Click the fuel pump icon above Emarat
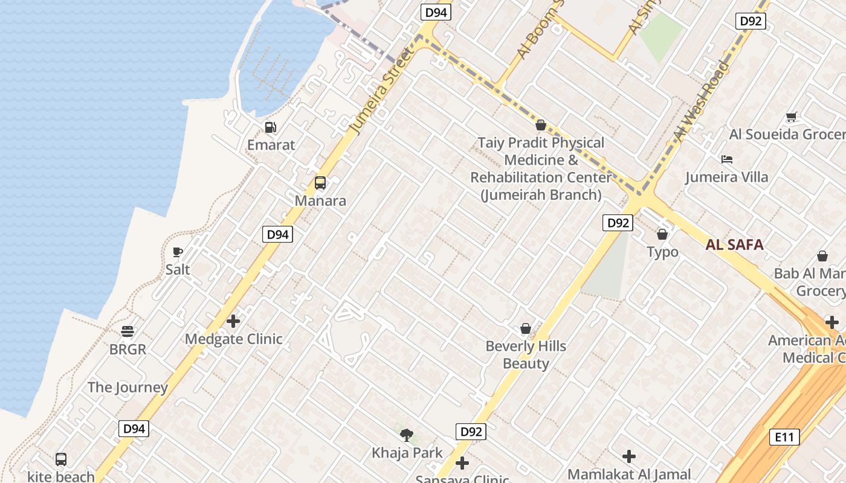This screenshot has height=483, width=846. (271, 127)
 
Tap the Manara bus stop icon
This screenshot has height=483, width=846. (320, 183)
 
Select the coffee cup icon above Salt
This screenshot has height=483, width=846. (178, 252)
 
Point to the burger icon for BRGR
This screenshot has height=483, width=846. (128, 331)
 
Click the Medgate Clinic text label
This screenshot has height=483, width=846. (233, 339)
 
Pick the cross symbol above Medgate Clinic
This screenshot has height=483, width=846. (233, 321)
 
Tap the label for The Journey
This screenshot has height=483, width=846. (128, 388)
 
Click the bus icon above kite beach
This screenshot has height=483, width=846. (61, 459)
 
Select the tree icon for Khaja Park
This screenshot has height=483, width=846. (407, 435)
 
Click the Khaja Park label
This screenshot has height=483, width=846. (407, 453)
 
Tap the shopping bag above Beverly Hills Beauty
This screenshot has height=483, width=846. (526, 328)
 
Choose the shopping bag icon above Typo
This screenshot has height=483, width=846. (662, 234)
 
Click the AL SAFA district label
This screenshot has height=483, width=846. (734, 245)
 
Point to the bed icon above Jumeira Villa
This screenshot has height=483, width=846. (727, 159)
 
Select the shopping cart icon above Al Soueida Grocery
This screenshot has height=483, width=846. (791, 117)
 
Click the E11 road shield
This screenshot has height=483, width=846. (784, 437)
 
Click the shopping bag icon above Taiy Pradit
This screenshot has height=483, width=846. (541, 125)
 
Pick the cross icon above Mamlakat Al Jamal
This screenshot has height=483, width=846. (629, 456)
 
